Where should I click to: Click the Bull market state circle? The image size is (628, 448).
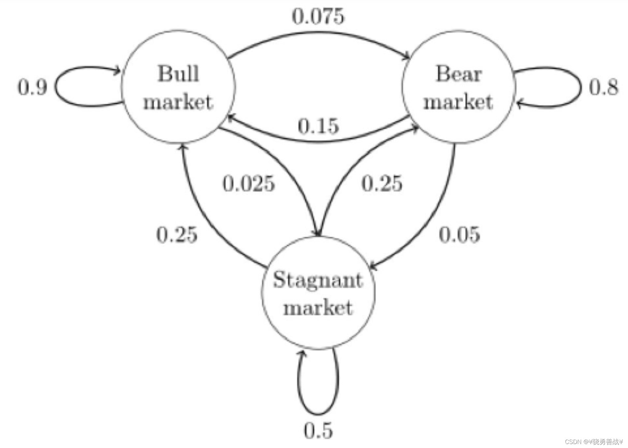178,87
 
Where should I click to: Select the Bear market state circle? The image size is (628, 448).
458,87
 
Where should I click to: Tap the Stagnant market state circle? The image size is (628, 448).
318,293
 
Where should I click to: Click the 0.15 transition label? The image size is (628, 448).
318,126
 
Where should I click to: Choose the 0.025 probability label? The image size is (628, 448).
249,183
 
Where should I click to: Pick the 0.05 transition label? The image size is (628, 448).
459,235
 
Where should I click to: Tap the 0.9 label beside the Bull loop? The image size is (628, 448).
32,88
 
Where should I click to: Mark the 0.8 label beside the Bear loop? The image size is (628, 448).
604,88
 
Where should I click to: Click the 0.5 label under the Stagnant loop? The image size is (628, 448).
318,430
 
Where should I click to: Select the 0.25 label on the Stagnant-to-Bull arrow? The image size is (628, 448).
177,235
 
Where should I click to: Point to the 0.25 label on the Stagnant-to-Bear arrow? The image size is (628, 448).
382,183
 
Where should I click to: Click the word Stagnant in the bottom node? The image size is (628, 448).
318,280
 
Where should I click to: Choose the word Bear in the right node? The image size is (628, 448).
458,74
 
